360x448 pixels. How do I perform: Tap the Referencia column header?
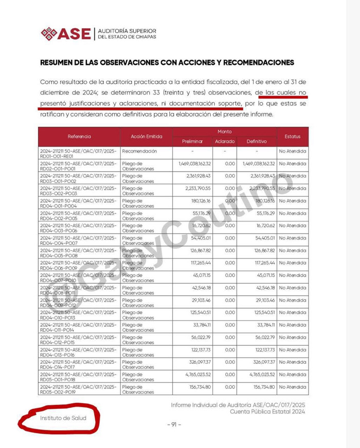pyautogui.click(x=79, y=136)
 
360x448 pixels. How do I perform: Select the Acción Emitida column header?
pyautogui.click(x=146, y=137)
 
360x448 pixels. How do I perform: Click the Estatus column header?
pyautogui.click(x=292, y=137)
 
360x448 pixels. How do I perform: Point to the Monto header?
pyautogui.click(x=224, y=132)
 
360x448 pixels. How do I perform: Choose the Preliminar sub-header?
pyautogui.click(x=192, y=141)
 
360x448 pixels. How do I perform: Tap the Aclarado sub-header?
pyautogui.click(x=224, y=141)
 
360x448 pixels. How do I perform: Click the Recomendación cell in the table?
pyautogui.click(x=139, y=151)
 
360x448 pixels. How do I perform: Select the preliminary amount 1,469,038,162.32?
pyautogui.click(x=194, y=163)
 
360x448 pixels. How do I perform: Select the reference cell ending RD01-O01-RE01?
pyautogui.click(x=78, y=154)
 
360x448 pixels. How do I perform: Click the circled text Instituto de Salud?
pyautogui.click(x=63, y=418)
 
